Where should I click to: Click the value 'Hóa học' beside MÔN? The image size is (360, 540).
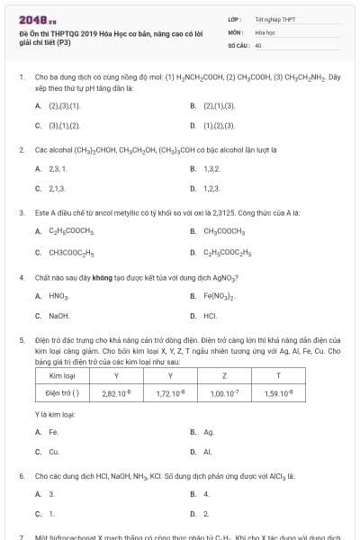coord(265,31)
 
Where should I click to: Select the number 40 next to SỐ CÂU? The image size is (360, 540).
coord(258,44)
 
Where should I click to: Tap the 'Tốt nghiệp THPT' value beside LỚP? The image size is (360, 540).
coord(274,19)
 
